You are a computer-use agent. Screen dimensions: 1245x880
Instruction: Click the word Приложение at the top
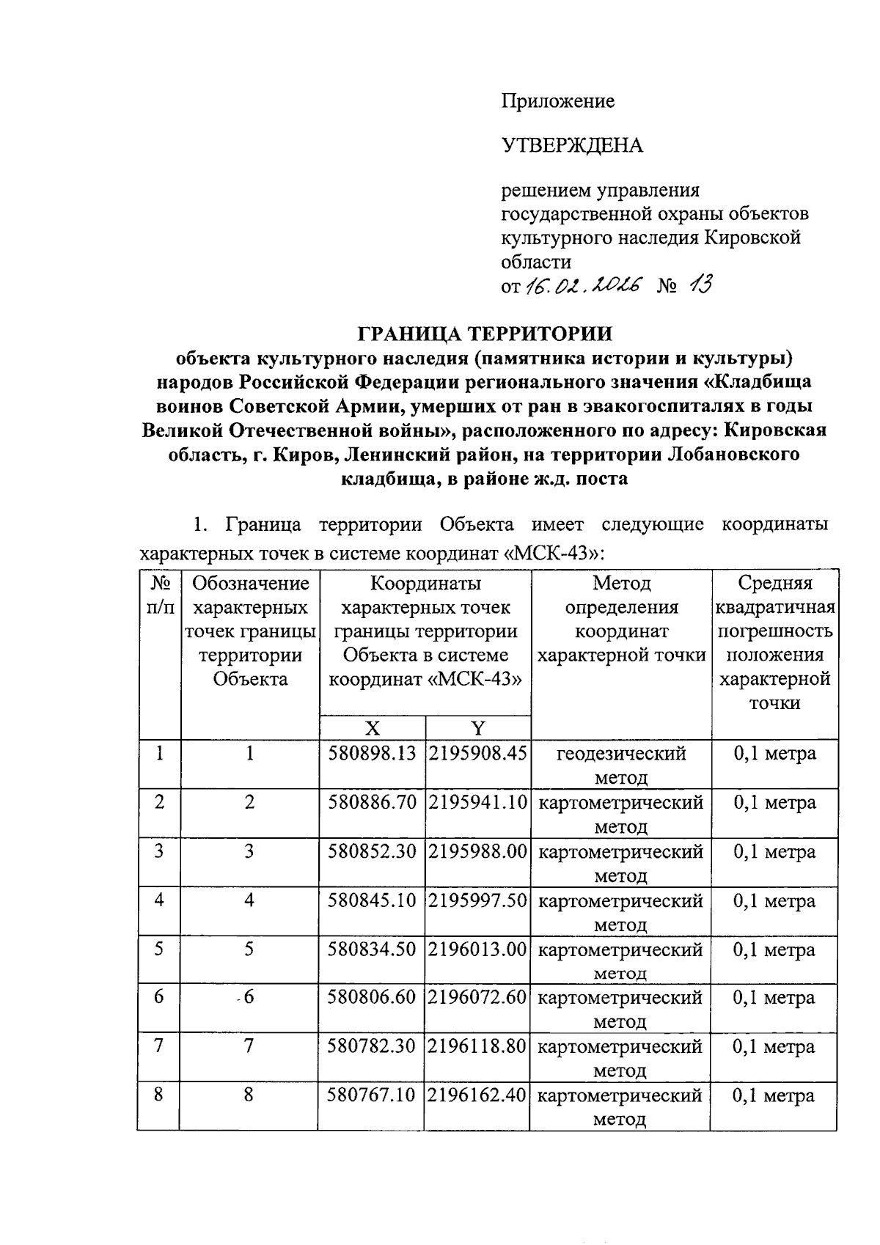[557, 101]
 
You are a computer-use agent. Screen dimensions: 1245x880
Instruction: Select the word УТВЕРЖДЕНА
[572, 146]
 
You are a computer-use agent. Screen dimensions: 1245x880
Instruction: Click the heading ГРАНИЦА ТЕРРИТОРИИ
[485, 334]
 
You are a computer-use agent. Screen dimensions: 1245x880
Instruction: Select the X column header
[373, 728]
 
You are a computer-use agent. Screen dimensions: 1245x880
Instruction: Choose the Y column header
[477, 728]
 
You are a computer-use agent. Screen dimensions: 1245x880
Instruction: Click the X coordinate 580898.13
[373, 754]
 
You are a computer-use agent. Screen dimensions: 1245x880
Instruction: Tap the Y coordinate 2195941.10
[477, 803]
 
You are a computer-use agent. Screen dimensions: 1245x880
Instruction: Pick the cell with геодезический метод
[620, 765]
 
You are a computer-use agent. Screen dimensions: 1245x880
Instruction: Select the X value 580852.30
[373, 852]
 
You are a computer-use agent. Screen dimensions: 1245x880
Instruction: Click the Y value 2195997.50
[477, 900]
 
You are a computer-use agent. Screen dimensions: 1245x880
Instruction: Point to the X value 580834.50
[373, 950]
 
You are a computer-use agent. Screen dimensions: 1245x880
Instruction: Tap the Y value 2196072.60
[477, 998]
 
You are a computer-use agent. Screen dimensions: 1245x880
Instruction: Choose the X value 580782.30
[373, 1046]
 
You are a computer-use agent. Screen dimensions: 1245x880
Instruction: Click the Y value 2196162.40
[477, 1095]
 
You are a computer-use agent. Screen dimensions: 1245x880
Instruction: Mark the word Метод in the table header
[621, 584]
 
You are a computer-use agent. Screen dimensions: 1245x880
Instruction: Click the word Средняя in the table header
[774, 584]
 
